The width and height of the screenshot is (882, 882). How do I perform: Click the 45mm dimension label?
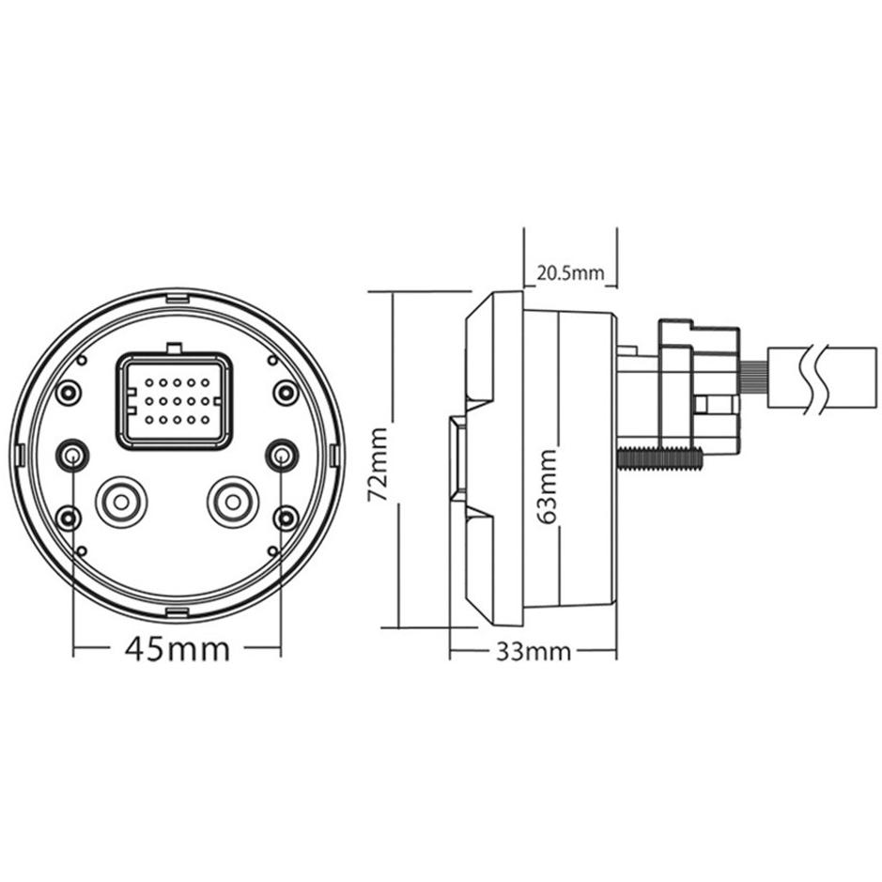(178, 649)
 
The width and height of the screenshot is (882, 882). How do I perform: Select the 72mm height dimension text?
(378, 465)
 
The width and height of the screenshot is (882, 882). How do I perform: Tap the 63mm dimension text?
(546, 487)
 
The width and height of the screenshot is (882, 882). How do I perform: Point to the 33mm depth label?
(534, 652)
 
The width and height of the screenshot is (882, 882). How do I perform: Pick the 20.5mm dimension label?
(570, 273)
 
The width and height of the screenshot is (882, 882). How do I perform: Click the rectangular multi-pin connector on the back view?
(174, 401)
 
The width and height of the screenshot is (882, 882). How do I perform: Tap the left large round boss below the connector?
(121, 503)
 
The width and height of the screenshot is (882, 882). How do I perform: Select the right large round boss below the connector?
(233, 503)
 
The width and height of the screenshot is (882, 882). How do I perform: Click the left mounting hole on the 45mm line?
(72, 455)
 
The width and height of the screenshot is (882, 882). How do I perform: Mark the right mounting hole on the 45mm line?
(281, 455)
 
